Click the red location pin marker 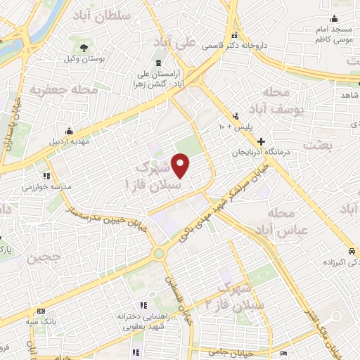(x=181, y=166)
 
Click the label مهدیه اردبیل (x=69, y=141)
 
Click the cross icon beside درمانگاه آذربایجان (x=262, y=141)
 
